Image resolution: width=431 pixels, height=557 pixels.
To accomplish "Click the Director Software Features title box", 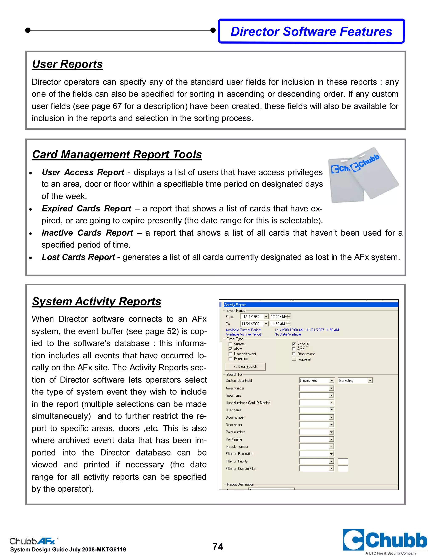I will coord(311,31).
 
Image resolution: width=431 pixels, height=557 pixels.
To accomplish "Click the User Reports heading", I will coord(67,64).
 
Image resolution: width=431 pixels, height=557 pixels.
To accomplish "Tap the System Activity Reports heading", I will coord(97,301).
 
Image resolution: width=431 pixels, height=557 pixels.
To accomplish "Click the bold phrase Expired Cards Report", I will coord(86,209).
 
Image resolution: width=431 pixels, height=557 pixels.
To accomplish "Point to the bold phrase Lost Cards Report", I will coord(78,257).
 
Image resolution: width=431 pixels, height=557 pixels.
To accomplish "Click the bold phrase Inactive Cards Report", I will coord(87,233).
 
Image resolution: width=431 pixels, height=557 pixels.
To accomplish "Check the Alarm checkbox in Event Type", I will coord(230,349).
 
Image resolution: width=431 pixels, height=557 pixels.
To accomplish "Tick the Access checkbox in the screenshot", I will coord(294,344).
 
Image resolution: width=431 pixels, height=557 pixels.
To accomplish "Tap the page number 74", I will coord(218,546).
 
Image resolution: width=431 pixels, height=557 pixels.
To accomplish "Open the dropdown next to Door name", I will coord(331,425).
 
